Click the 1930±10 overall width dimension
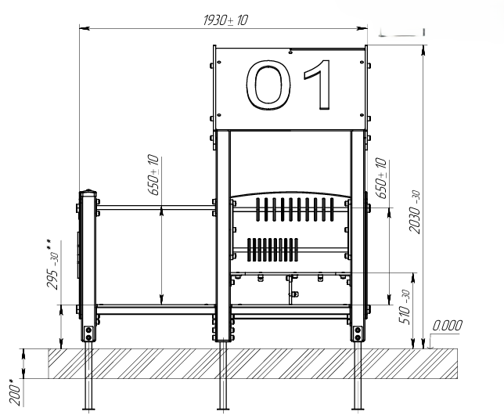pos(225,20)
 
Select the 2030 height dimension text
pos(415,211)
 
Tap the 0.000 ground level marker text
pos(447,326)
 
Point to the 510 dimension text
pos(404,307)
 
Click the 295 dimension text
pos(52,265)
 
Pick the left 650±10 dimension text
pos(153,175)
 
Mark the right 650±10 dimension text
pos(381,178)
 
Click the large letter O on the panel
pos(268,85)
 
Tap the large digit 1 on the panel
pos(318,85)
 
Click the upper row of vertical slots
pos(295,209)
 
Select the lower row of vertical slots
pos(272,250)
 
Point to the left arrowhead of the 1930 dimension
pos(85,28)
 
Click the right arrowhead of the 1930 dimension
pos(362,28)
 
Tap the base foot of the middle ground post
pos(223,409)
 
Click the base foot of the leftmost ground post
pos(88,409)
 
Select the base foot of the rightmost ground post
pos(358,409)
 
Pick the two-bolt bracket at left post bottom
pos(88,334)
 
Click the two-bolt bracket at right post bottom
pos(358,334)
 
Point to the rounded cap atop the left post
pos(88,193)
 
